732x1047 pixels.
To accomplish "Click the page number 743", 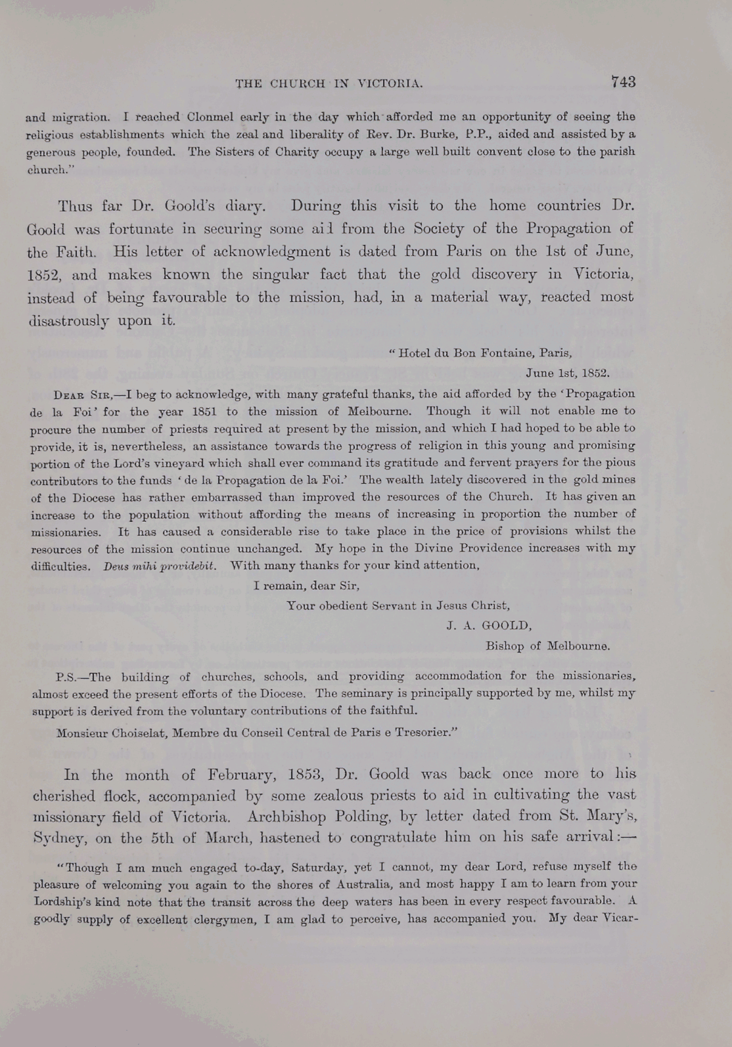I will pyautogui.click(x=623, y=82).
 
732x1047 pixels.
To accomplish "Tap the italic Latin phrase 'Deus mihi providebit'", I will pyautogui.click(x=160, y=566).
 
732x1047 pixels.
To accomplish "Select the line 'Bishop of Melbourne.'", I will pyautogui.click(x=547, y=645).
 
